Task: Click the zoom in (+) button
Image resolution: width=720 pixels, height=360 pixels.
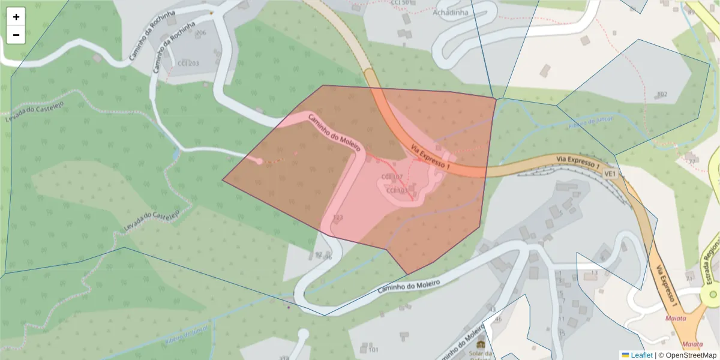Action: point(16,17)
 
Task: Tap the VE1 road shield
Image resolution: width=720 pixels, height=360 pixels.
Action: point(610,173)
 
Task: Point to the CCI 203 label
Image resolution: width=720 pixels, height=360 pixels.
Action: point(188,63)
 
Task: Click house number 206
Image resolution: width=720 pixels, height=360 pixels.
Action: point(200,32)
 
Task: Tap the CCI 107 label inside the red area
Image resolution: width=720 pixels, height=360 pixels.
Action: point(392,177)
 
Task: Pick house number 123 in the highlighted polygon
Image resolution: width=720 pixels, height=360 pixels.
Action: point(338,217)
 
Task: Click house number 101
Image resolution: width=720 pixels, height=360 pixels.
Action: point(373,349)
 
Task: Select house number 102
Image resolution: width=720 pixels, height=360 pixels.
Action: point(662,94)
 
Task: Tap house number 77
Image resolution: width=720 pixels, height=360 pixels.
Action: point(692,161)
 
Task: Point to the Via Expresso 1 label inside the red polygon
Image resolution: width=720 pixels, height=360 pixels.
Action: point(430,155)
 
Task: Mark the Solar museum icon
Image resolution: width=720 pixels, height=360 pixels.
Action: point(481,346)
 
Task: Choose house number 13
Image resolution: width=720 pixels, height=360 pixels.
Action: point(594,273)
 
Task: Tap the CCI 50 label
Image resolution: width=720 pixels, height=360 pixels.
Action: point(401,2)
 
